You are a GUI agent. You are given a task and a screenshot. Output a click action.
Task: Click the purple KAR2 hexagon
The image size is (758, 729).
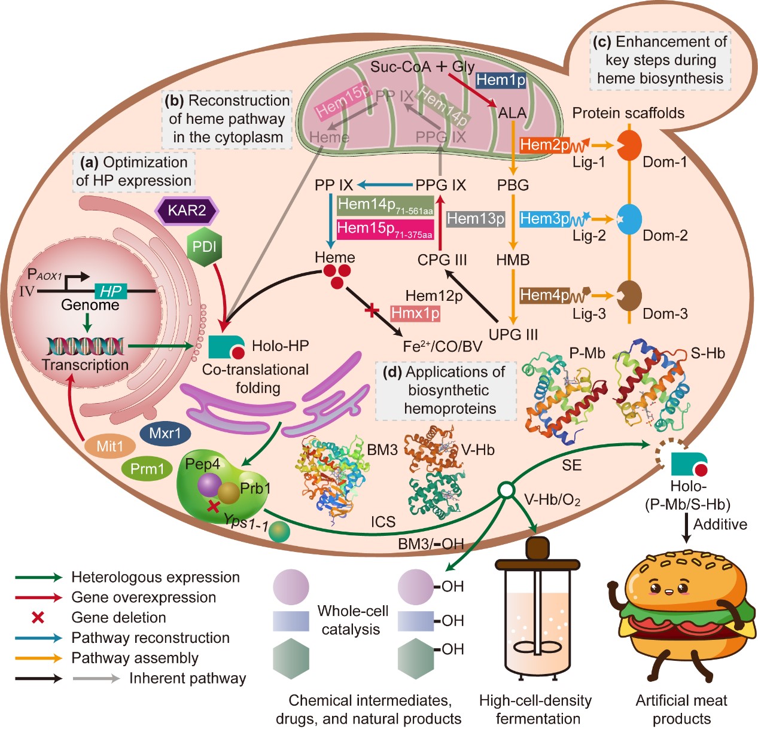click(187, 211)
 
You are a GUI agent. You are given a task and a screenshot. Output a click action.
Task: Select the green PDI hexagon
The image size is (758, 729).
click(205, 246)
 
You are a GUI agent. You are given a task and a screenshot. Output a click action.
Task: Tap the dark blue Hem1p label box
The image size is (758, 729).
click(501, 80)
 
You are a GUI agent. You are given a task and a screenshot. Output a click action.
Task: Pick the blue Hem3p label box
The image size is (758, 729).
click(544, 219)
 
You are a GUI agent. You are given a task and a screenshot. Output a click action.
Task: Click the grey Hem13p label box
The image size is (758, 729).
click(476, 219)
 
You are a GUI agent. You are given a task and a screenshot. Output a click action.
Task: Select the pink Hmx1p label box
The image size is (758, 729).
click(415, 313)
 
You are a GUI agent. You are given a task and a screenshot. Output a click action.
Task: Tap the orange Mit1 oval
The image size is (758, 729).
click(109, 446)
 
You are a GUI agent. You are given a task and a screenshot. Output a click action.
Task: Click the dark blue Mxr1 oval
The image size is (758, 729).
click(165, 433)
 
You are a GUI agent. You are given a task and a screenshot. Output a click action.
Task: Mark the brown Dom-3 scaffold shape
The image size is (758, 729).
click(629, 295)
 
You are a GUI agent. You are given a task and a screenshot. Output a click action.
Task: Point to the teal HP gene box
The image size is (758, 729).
click(111, 291)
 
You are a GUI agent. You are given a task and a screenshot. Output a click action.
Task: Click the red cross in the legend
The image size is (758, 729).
click(38, 618)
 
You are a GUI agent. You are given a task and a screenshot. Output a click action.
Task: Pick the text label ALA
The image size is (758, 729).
click(513, 112)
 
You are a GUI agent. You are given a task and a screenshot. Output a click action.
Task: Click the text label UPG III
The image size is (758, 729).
click(513, 335)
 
